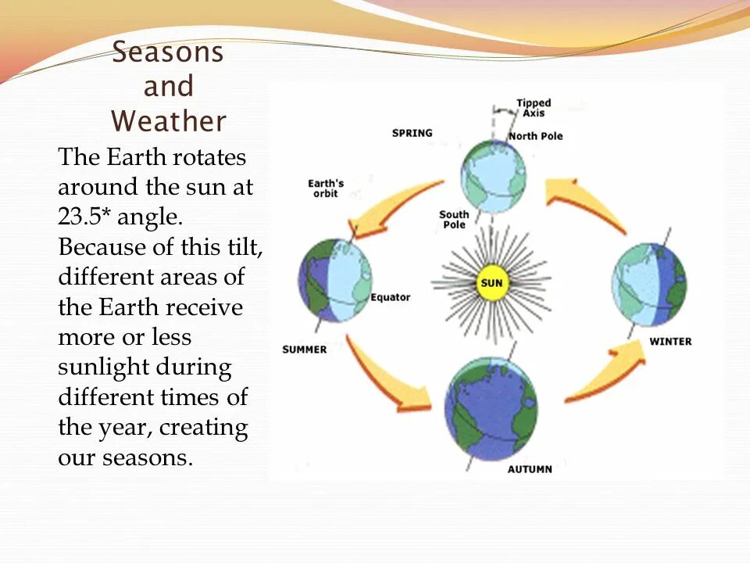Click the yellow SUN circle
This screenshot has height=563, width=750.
pyautogui.click(x=491, y=283)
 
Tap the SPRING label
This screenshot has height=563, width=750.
pyautogui.click(x=412, y=133)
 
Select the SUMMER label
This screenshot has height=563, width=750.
pyautogui.click(x=305, y=350)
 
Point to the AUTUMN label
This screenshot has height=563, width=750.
pyautogui.click(x=530, y=469)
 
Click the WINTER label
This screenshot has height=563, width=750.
pyautogui.click(x=670, y=342)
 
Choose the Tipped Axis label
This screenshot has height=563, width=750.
pyautogui.click(x=534, y=108)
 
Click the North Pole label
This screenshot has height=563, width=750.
pyautogui.click(x=536, y=136)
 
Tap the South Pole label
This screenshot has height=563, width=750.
pyautogui.click(x=454, y=219)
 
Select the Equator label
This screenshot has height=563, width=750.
pyautogui.click(x=391, y=297)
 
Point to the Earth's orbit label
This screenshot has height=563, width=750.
pyautogui.click(x=326, y=188)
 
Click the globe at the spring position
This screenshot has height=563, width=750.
pyautogui.click(x=493, y=176)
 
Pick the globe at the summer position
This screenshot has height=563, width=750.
pyautogui.click(x=335, y=281)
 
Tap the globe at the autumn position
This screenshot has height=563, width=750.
pyautogui.click(x=491, y=409)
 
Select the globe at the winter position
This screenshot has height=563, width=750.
pyautogui.click(x=649, y=285)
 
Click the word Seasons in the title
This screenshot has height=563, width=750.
pyautogui.click(x=168, y=52)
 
